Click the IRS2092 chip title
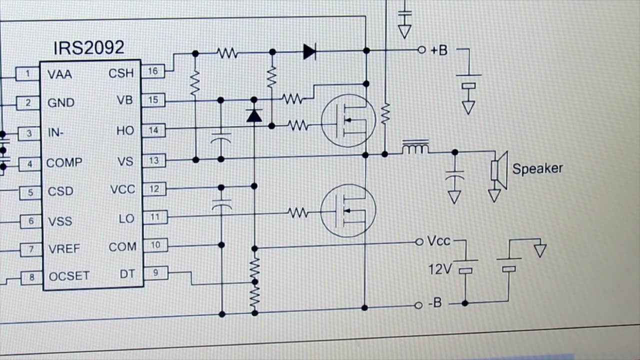coord(89,47)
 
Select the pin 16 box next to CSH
coord(153,71)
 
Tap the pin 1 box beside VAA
coord(27,74)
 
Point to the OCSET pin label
coord(69,276)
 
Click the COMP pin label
coord(64,163)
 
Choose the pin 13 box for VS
coord(154,160)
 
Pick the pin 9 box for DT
coord(155,272)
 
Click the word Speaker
coord(537,168)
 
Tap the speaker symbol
coord(499,170)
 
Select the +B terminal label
coord(439,50)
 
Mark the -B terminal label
coord(435,302)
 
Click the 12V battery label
coord(440,269)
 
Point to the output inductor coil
coord(415,147)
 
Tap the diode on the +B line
coord(309,51)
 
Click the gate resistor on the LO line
coord(298,213)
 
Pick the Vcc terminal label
coord(438,241)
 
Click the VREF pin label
coord(64,249)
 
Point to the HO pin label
coord(125,130)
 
